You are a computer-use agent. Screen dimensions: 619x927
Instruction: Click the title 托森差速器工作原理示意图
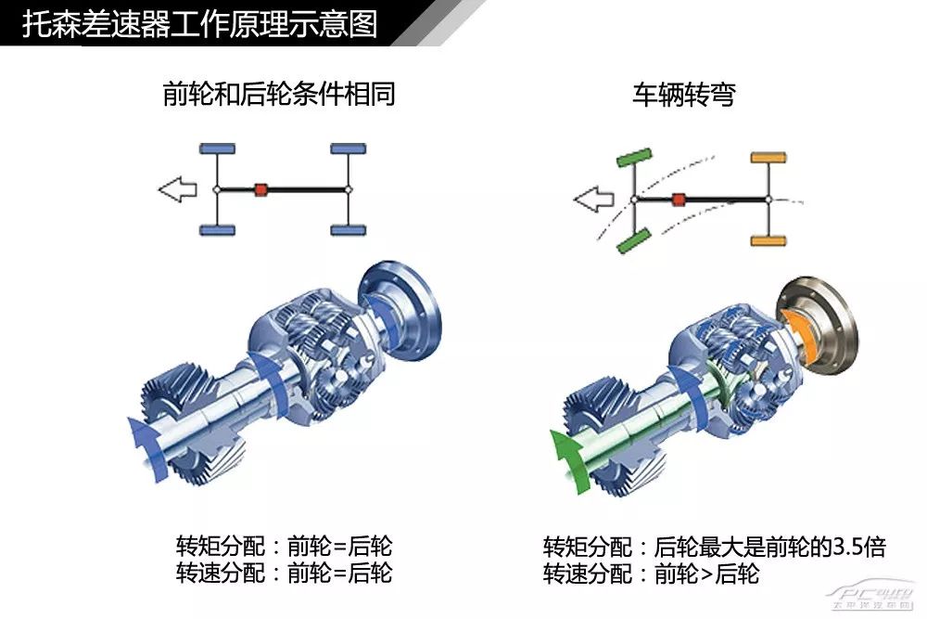click(199, 23)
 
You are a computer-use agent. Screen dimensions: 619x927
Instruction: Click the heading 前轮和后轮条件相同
click(279, 94)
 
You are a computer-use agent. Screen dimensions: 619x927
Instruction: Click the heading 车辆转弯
click(683, 94)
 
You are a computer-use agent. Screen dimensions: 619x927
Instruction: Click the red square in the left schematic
click(261, 189)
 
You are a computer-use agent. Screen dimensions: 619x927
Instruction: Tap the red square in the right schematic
click(679, 199)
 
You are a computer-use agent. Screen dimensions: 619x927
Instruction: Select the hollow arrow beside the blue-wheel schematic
click(177, 190)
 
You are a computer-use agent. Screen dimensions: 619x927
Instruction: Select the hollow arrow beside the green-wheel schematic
click(593, 198)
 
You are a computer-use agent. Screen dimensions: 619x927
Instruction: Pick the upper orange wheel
click(768, 158)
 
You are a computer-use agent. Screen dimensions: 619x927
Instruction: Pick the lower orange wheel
click(768, 240)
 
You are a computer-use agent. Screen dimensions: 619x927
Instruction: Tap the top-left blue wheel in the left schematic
click(217, 148)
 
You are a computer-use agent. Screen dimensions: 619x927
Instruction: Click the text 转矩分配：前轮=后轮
click(284, 546)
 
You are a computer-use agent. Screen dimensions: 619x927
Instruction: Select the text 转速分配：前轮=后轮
click(284, 573)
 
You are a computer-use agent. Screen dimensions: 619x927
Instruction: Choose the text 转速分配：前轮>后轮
click(651, 574)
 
